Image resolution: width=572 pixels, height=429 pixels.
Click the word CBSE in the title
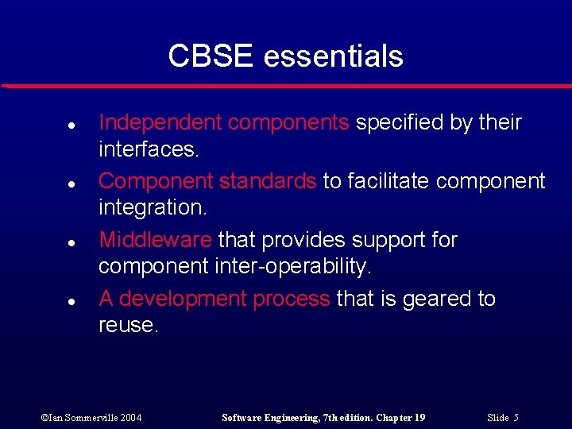[211, 56]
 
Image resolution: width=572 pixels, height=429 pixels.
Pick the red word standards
[268, 181]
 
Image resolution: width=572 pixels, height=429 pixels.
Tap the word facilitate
[384, 181]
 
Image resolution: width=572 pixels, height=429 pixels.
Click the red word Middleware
[155, 240]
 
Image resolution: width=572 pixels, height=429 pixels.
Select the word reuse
[128, 325]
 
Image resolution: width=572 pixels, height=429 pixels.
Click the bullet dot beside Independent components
[49, 126]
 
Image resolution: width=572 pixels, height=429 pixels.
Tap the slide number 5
[502, 417]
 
